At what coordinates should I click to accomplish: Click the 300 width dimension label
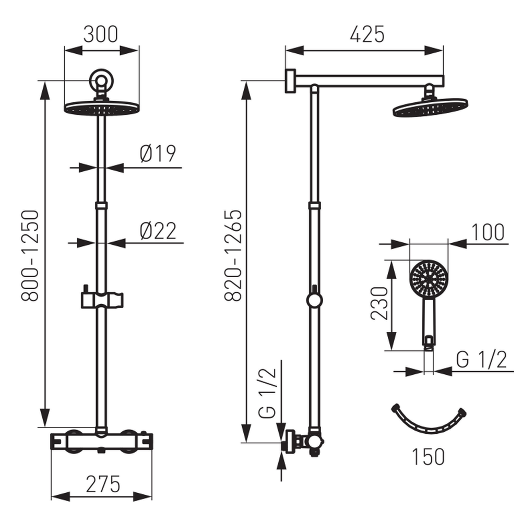(x=101, y=34)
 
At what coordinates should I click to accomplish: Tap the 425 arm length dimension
(x=367, y=34)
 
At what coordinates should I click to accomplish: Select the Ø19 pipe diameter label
(x=158, y=153)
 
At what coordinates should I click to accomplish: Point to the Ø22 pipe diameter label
(x=158, y=231)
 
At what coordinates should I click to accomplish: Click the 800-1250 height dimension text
(x=30, y=256)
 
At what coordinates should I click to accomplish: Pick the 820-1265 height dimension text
(x=233, y=256)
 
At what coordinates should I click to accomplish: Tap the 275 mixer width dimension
(x=103, y=484)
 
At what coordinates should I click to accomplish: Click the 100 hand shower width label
(x=488, y=232)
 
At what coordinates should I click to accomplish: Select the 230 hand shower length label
(x=379, y=304)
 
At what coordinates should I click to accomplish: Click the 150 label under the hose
(x=428, y=457)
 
